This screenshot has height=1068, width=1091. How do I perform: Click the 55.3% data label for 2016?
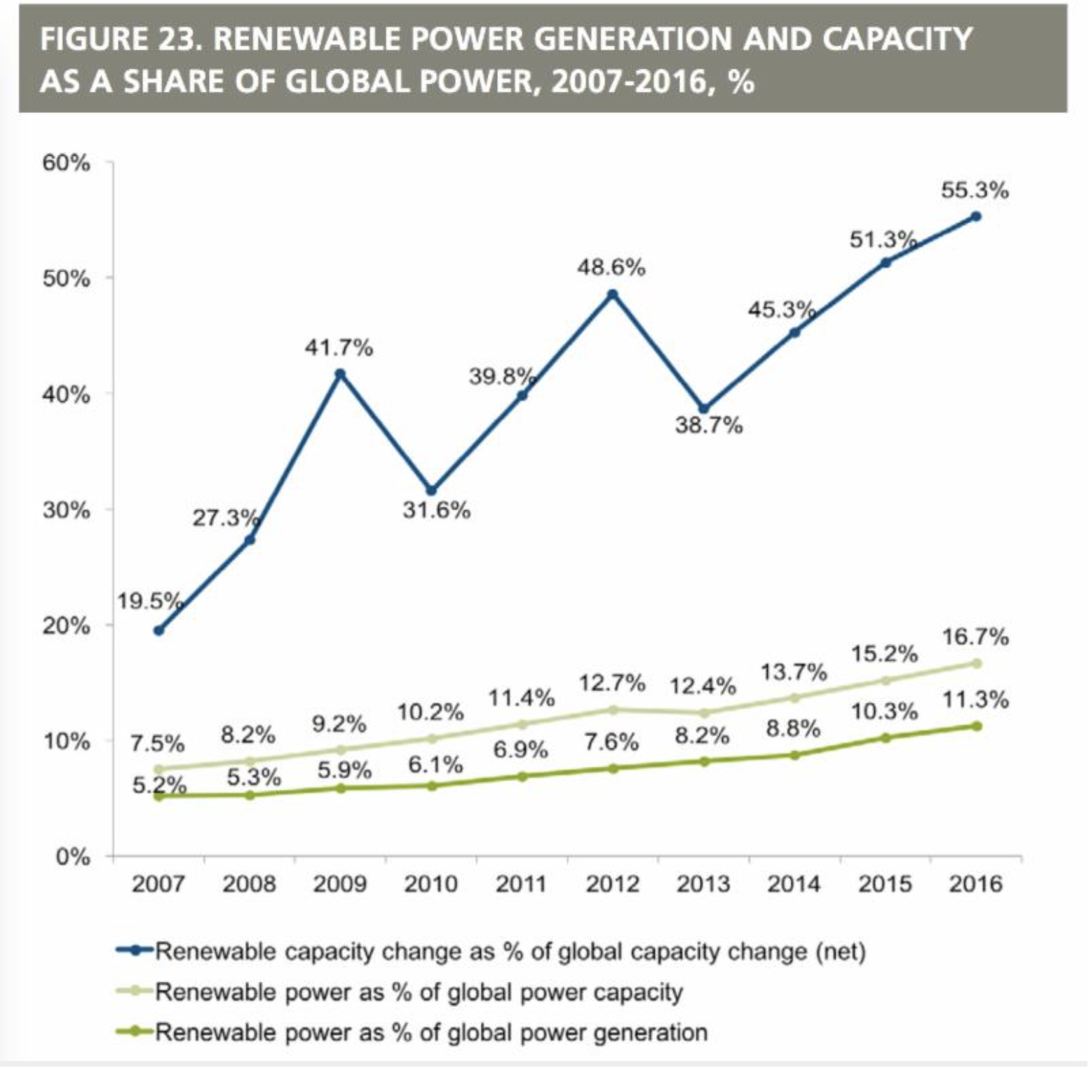click(x=975, y=190)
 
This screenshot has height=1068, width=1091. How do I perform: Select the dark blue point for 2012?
click(x=613, y=294)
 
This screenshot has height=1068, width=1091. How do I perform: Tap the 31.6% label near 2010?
click(x=436, y=510)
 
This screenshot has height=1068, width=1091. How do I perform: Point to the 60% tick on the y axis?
click(x=67, y=163)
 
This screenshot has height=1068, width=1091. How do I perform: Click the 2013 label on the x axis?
click(x=703, y=883)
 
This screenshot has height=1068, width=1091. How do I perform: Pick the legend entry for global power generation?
click(x=431, y=1032)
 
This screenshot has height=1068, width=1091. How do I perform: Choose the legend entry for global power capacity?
click(x=419, y=992)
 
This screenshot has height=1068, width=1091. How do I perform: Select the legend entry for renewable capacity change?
click(x=510, y=952)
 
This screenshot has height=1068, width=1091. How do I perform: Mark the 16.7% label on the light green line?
click(x=975, y=637)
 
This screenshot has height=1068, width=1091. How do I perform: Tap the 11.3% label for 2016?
click(x=975, y=700)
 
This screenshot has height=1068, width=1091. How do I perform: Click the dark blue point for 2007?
click(x=159, y=630)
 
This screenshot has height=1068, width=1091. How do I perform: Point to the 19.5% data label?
click(x=149, y=601)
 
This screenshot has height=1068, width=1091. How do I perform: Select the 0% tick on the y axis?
click(x=73, y=857)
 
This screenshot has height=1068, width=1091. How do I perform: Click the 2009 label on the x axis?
click(x=340, y=883)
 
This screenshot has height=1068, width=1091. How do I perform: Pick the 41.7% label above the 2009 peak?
click(x=339, y=347)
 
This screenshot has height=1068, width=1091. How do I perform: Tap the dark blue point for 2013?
click(x=704, y=408)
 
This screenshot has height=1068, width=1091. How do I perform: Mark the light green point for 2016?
click(x=976, y=663)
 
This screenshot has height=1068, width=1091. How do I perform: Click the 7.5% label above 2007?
click(x=157, y=743)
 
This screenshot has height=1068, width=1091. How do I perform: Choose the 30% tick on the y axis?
click(x=67, y=510)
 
